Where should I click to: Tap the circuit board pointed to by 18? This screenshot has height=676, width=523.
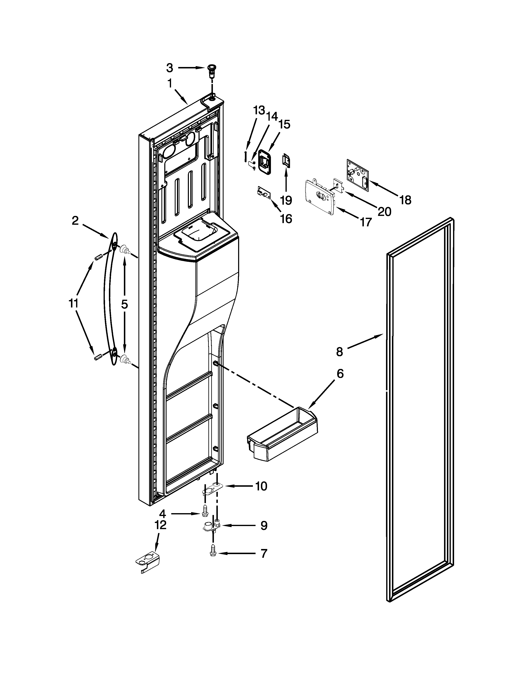click(x=357, y=173)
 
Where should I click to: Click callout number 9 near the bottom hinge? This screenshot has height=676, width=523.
click(x=264, y=526)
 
